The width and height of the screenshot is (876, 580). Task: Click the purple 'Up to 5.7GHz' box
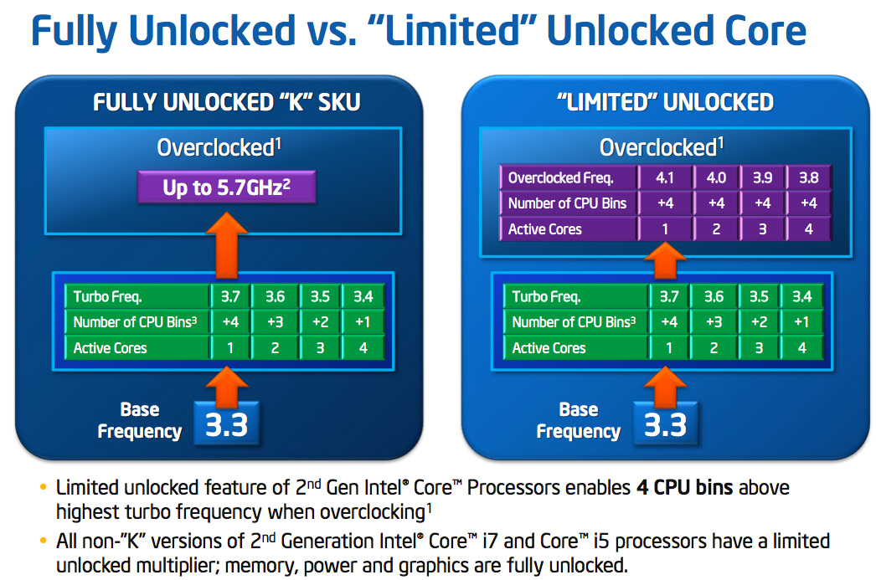226,187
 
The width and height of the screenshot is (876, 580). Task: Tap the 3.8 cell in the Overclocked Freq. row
808,177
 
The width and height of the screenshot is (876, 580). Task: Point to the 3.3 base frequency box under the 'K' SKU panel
227,424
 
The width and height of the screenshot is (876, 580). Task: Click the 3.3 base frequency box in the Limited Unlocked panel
666,424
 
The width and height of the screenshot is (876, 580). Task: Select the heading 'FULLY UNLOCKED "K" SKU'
225,102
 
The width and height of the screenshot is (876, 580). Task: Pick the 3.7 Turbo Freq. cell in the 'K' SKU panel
229,296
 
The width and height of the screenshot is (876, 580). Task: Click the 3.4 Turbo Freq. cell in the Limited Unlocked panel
801,296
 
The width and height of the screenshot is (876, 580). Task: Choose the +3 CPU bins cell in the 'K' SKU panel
275,322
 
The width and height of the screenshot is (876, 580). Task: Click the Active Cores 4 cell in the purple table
808,228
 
